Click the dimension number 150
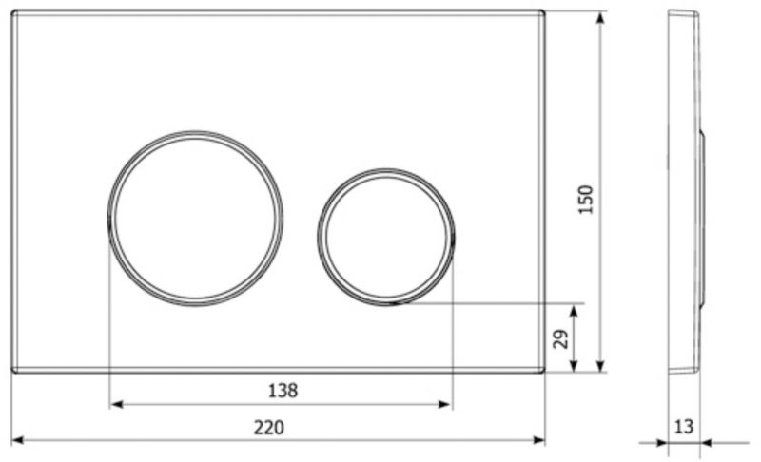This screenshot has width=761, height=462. [586, 199]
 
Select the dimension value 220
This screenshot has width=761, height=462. [269, 428]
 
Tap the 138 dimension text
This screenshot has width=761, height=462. [283, 390]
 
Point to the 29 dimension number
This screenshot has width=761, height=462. [560, 338]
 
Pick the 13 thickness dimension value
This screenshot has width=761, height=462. [683, 426]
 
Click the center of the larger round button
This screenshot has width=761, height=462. [196, 218]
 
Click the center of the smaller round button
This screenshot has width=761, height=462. [387, 237]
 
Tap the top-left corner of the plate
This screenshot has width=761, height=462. [13, 12]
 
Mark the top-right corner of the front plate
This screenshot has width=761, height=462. [544, 12]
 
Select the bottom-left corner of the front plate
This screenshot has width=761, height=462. [13, 370]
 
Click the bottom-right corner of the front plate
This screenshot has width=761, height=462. [544, 370]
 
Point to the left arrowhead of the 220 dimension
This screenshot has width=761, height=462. [17, 441]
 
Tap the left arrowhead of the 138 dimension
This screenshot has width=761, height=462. [116, 404]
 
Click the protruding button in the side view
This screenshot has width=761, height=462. [702, 218]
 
